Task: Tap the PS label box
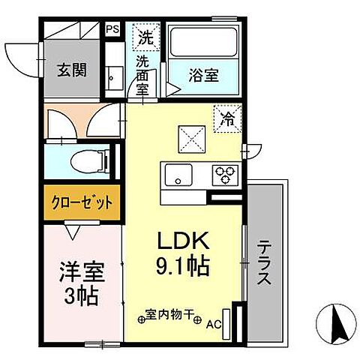pyautogui.click(x=112, y=29)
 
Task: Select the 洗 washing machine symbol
pyautogui.click(x=145, y=34)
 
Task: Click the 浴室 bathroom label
pyautogui.click(x=203, y=75)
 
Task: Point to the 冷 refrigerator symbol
pyautogui.click(x=226, y=116)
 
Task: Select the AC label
pyautogui.click(x=214, y=325)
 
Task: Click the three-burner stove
pyautogui.click(x=225, y=175)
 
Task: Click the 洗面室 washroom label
pyautogui.click(x=143, y=73)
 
